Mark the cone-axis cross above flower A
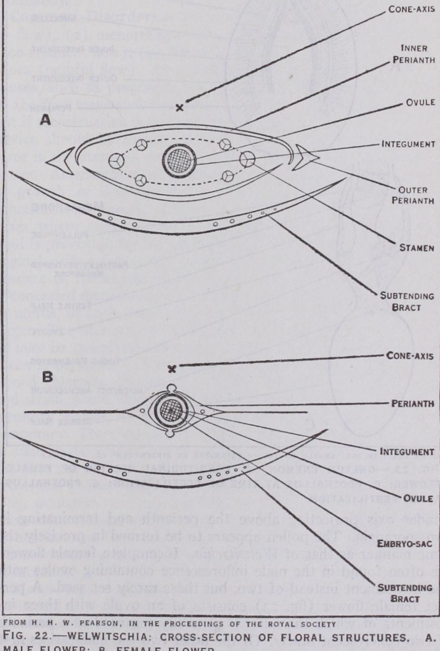coord(180,107)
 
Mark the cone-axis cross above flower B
coord(172,369)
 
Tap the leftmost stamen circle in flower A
coord(116,160)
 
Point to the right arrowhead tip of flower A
coord(319,157)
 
